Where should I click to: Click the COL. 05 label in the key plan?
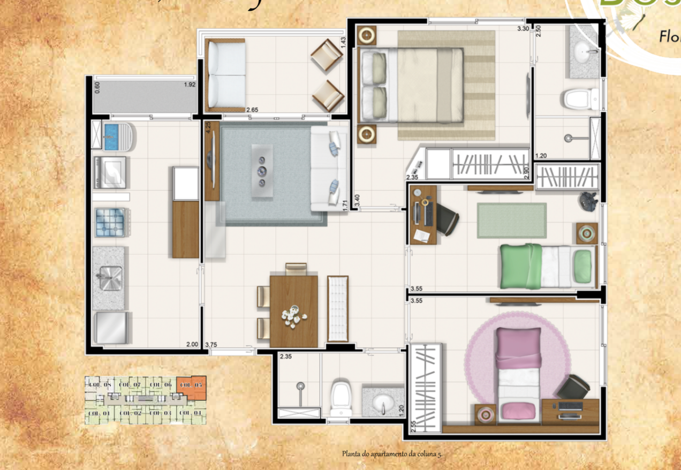click(x=191, y=385)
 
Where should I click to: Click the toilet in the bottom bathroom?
click(x=341, y=398)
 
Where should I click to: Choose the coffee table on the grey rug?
click(x=262, y=171)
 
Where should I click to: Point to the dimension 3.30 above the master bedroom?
click(x=523, y=28)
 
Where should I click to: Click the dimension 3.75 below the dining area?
click(x=211, y=345)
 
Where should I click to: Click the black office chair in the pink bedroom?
click(x=574, y=386)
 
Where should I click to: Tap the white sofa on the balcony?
click(x=226, y=74)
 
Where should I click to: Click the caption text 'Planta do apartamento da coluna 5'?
click(x=392, y=454)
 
